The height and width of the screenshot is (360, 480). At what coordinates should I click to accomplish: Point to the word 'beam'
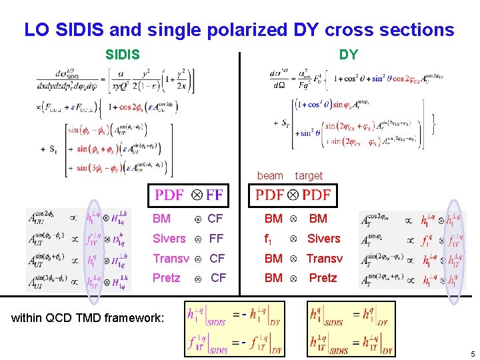coord(270,175)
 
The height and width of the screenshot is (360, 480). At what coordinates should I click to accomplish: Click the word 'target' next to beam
coord(309,175)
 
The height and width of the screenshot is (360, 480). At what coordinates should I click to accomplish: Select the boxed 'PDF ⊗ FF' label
coord(189,195)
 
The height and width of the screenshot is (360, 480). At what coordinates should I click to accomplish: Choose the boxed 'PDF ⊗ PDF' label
coord(293,195)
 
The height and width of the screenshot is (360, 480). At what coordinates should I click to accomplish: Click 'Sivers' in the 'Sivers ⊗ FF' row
coord(169,239)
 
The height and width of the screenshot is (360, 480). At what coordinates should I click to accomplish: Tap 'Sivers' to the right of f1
coord(323,239)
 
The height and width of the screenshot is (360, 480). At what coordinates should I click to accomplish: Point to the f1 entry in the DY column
coord(269,239)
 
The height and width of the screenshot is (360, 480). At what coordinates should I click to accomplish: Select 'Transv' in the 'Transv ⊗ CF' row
coord(171,259)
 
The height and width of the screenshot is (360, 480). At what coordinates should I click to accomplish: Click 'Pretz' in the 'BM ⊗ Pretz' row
coord(323,278)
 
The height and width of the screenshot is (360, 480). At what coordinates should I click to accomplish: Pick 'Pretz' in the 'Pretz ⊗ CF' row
coord(166,278)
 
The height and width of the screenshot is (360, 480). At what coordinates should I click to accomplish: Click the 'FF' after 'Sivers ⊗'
coord(216,239)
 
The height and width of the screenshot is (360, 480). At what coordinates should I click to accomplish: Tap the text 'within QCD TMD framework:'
coord(87,318)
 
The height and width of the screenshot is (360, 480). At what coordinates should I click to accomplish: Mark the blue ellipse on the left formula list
coord(93,247)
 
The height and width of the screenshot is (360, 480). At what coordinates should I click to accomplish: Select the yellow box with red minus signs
coord(235,329)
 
